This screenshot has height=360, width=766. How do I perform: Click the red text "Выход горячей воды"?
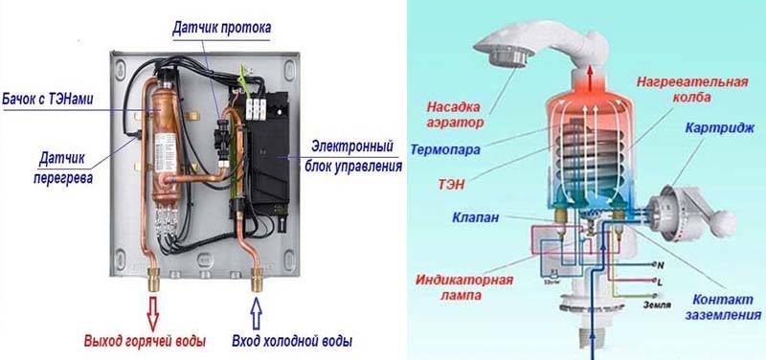(x=148, y=342)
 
